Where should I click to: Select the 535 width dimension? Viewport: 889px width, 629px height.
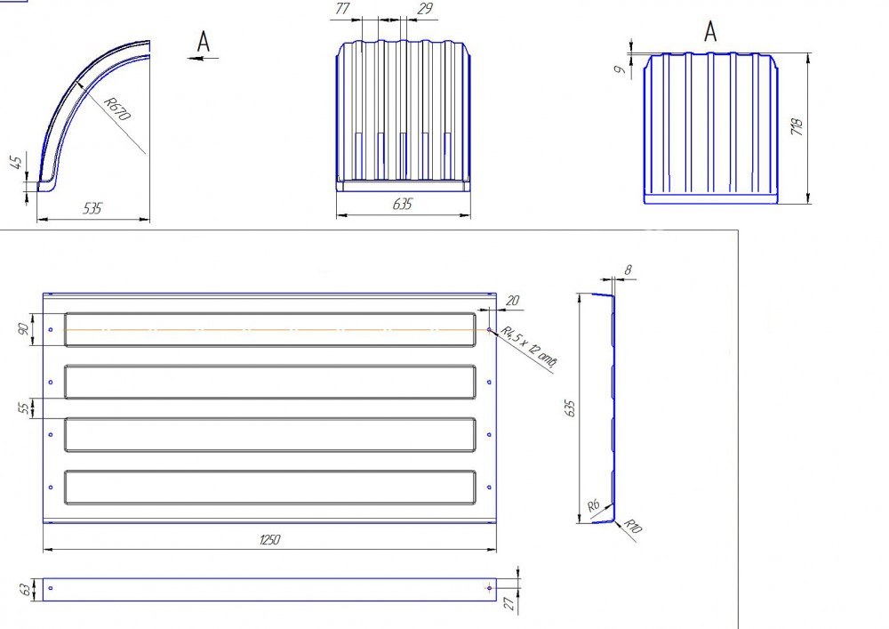click(x=92, y=208)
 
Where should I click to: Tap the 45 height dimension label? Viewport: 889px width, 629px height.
click(x=18, y=162)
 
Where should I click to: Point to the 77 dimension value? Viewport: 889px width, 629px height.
click(x=342, y=9)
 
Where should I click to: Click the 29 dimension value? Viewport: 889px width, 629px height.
click(x=425, y=9)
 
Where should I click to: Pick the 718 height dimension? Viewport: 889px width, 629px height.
click(x=797, y=126)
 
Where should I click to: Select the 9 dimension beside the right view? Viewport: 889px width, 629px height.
click(x=621, y=69)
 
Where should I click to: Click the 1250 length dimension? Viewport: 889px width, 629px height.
click(x=269, y=539)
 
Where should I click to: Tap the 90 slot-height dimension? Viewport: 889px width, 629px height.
click(x=23, y=329)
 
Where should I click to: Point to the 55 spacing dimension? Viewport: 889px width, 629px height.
click(x=24, y=407)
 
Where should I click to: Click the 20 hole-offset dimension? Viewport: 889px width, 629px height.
click(x=512, y=300)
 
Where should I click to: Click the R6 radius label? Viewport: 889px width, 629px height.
click(x=593, y=504)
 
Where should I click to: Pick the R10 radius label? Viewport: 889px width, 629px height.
click(x=633, y=526)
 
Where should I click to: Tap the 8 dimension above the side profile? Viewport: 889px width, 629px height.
click(x=628, y=270)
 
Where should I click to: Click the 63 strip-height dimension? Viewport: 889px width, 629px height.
click(x=26, y=590)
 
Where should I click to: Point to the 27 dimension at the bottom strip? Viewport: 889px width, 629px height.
click(x=509, y=603)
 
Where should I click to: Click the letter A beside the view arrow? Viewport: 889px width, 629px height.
click(x=203, y=42)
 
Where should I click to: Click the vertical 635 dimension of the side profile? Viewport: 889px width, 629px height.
click(x=570, y=408)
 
